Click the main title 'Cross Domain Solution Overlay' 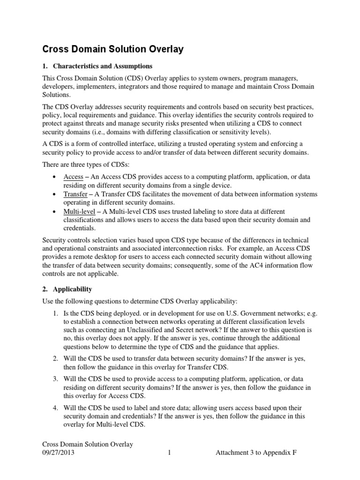coord(113,49)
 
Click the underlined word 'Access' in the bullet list coord(73,177)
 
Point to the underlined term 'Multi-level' coord(79,211)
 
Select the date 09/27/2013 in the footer coord(58,453)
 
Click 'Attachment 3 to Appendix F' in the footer coord(256,453)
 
